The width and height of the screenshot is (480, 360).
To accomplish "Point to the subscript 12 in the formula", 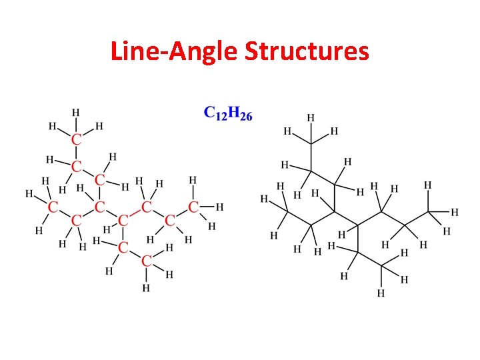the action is point(220,116).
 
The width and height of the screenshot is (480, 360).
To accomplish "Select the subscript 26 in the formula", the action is point(246,116).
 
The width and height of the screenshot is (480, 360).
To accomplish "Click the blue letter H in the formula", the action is point(233,113).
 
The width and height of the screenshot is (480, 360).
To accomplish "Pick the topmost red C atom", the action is point(77,139).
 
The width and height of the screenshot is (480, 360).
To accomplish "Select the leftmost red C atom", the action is point(51,207).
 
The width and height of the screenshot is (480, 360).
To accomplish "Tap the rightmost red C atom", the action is point(193,207).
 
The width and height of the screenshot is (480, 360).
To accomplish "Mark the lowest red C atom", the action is point(147,260).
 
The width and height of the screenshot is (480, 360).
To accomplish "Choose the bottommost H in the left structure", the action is point(145,289).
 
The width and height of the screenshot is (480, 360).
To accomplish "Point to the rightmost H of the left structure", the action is point(219,207).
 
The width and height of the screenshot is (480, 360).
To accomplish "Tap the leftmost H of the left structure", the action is point(29,194).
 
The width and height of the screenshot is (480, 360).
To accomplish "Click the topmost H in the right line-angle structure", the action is point(311,117).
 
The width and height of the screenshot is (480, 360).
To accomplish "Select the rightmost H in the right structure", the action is point(455,212).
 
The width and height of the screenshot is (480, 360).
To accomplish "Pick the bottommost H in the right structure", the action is point(381,293).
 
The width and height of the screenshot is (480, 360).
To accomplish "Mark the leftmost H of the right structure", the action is point(265,199).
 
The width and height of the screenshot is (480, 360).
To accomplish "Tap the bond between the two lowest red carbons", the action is point(135,253).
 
